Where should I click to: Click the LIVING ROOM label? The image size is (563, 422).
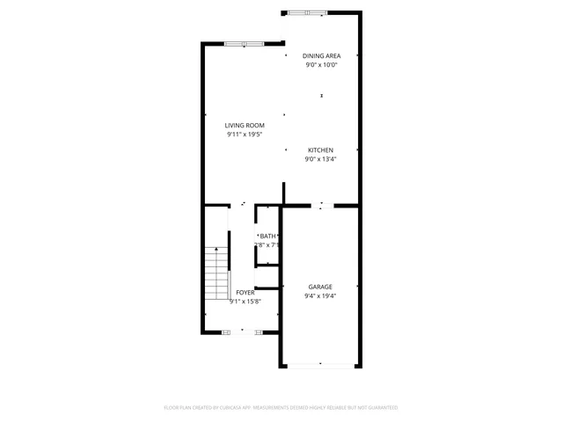coord(245,126)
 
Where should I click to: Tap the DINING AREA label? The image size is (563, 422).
coord(321,55)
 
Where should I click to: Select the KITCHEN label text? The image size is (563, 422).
coord(320,150)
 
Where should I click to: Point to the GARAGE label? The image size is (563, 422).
coord(320,287)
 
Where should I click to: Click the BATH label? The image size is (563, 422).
coord(267,236)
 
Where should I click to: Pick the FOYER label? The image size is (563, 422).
coord(245,292)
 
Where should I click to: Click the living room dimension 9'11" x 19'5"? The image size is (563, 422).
coord(245,135)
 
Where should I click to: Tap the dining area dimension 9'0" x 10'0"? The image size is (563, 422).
coord(321,64)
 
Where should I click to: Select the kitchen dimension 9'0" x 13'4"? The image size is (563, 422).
coord(320,159)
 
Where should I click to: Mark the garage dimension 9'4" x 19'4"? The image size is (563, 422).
coord(320,296)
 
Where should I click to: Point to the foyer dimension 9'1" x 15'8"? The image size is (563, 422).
coord(245,302)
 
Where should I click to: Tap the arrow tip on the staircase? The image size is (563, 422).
coord(216,251)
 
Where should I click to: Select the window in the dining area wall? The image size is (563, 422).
coord(308,12)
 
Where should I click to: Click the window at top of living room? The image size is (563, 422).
coord(244,43)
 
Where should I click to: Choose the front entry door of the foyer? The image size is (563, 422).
coord(241,331)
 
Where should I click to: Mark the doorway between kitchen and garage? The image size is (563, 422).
coord(322,206)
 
